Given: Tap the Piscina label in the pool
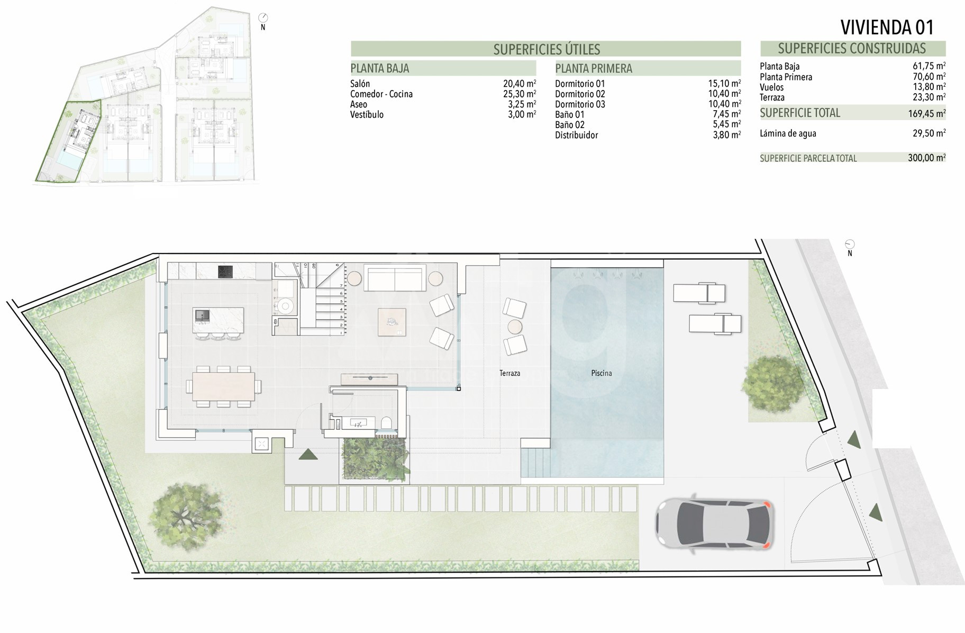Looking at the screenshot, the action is coord(602,373).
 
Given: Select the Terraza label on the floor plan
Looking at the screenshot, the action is coord(509,373).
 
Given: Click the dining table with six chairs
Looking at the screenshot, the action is coord(223,386).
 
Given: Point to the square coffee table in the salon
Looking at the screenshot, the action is coord(392,322).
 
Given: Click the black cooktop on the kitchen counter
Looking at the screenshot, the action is coord(225,272).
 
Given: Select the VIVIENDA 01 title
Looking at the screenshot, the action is coord(887,27).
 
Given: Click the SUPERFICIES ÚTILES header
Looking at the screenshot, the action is coord(547,49).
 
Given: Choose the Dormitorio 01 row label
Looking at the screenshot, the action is coord(580,84).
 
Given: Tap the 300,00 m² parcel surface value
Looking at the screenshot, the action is coord(927,158).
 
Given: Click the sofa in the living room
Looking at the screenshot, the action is coord(395,279).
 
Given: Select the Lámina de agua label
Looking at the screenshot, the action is coord(788,133).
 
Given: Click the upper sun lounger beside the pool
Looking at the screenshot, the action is coord(699,293).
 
